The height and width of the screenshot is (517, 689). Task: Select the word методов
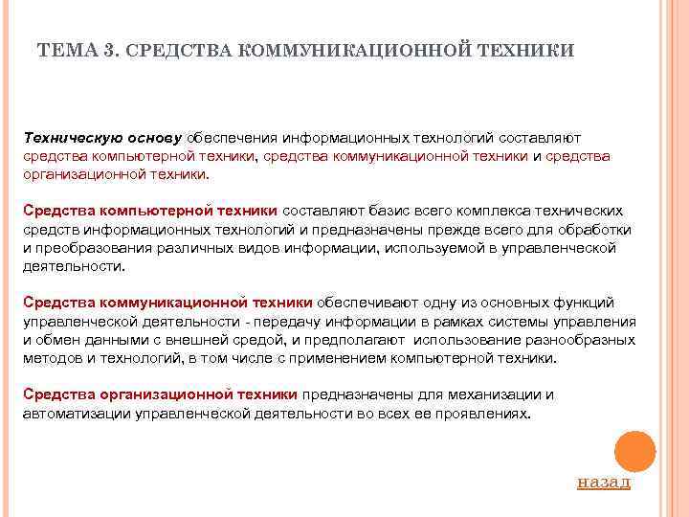[52, 357]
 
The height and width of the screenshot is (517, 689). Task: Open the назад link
[604, 481]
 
